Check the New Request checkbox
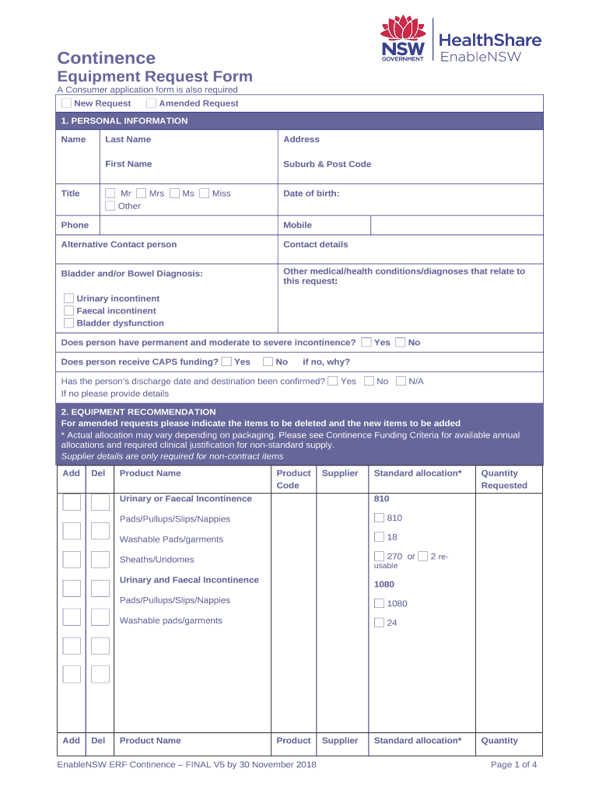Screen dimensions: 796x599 point(67,103)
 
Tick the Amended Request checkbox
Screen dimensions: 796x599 point(152,103)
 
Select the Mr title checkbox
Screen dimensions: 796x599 point(110,194)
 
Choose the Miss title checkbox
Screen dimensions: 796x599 point(204,194)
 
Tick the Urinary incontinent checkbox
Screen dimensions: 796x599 point(69,298)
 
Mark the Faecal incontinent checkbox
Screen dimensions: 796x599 point(69,311)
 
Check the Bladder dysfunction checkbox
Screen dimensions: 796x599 point(69,323)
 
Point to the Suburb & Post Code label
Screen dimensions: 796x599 point(327,164)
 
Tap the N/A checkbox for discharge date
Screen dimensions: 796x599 point(401,382)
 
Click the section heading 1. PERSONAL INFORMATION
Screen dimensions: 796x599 point(124,121)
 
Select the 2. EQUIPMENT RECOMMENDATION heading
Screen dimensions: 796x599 point(138,412)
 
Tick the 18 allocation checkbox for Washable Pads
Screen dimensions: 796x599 point(379,537)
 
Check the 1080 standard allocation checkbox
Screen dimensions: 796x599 point(379,603)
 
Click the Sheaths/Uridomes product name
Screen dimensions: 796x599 point(156,560)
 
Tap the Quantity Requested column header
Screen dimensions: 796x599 point(503,479)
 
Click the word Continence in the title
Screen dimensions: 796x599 point(107,58)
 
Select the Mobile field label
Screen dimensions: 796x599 point(297,225)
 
